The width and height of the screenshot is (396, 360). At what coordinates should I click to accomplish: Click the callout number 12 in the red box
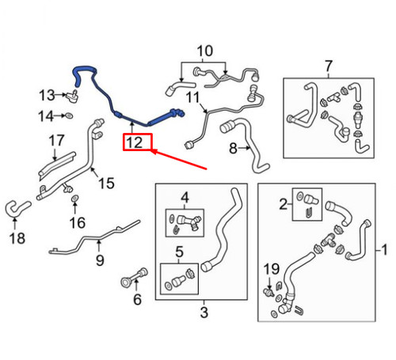click(135, 142)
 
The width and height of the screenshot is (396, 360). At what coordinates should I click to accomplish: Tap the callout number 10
click(205, 52)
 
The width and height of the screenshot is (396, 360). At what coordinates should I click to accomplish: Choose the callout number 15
click(105, 184)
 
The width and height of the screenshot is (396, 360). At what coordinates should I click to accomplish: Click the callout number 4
click(184, 197)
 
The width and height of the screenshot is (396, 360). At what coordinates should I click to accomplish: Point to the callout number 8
click(233, 148)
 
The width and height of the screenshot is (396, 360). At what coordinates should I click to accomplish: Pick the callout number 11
click(190, 97)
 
